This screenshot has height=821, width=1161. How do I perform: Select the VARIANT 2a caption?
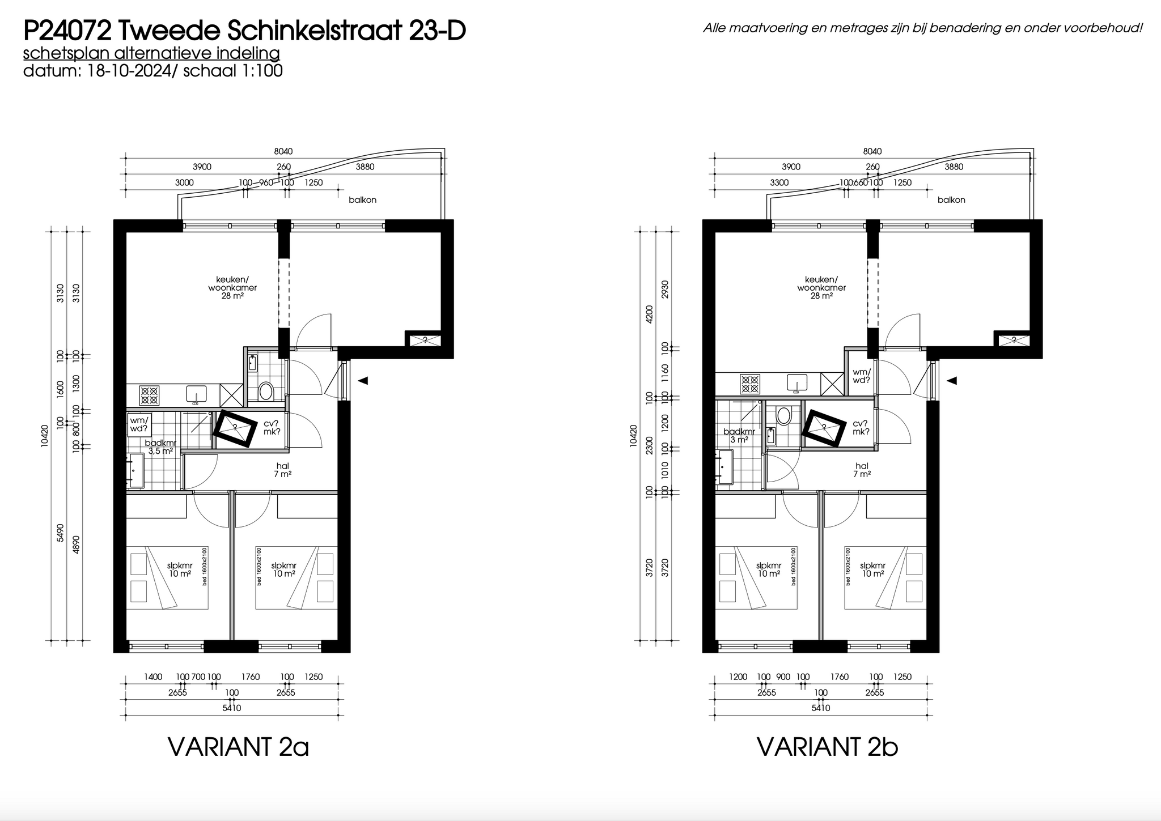tap(239, 747)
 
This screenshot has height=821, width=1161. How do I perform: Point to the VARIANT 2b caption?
tap(828, 747)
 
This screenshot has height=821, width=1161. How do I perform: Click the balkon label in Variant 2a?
tap(363, 200)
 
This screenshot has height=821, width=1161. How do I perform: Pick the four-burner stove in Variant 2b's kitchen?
tap(750, 384)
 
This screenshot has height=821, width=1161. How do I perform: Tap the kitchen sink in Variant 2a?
tap(197, 394)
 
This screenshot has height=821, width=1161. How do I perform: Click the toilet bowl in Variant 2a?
tap(265, 391)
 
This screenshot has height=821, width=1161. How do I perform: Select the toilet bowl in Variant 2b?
tap(784, 415)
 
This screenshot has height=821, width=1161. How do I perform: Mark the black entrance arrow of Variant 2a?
tap(363, 381)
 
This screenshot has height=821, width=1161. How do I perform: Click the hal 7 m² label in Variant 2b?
tap(862, 470)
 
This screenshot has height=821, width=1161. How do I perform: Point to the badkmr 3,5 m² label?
tap(160, 447)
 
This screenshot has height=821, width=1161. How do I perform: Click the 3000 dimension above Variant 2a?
tap(184, 182)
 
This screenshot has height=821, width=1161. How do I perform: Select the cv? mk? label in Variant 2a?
tap(272, 428)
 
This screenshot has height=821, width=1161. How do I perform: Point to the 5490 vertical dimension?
tap(60, 533)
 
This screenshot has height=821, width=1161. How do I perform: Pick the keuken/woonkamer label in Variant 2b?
tap(821, 287)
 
